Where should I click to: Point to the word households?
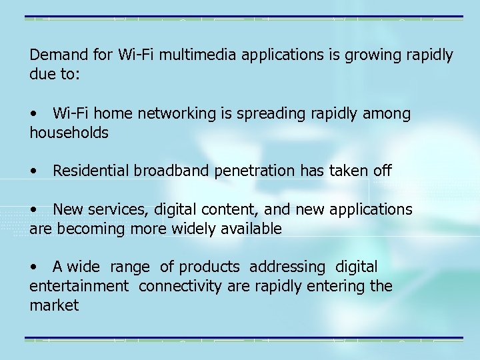(69, 133)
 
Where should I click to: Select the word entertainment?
(79, 287)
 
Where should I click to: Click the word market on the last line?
(54, 306)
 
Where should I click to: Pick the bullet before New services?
(33, 210)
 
